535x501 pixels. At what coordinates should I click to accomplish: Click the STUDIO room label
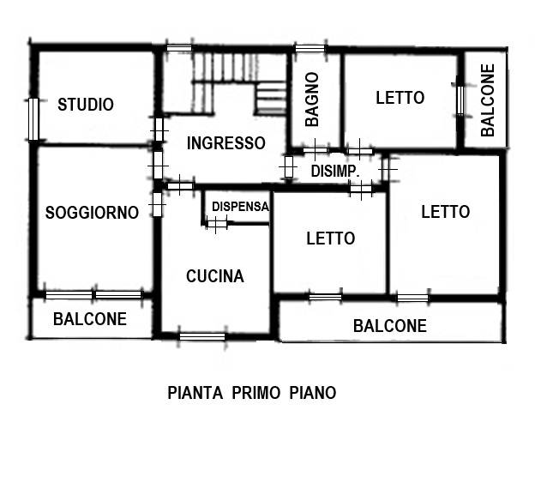[86, 105]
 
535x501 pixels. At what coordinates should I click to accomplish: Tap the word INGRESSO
[226, 143]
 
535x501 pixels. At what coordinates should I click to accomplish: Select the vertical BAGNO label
[312, 100]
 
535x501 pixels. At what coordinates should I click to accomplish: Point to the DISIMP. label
[334, 172]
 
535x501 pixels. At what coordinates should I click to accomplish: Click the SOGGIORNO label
[92, 213]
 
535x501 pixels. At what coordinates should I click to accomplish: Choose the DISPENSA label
[240, 206]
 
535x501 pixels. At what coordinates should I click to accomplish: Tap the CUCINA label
[215, 276]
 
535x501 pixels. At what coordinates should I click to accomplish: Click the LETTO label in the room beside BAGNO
[400, 98]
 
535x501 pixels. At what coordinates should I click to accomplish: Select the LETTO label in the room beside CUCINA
[330, 238]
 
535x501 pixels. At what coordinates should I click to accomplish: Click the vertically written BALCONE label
[488, 100]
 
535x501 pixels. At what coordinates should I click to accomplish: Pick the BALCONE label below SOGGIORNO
[90, 319]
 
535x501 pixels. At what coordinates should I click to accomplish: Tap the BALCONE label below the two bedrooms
[390, 326]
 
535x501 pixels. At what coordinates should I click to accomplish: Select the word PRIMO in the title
[257, 393]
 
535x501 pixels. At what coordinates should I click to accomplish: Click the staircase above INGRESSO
[231, 81]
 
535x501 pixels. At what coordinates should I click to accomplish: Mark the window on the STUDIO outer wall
[33, 119]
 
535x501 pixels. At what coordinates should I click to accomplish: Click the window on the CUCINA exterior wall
[201, 336]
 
